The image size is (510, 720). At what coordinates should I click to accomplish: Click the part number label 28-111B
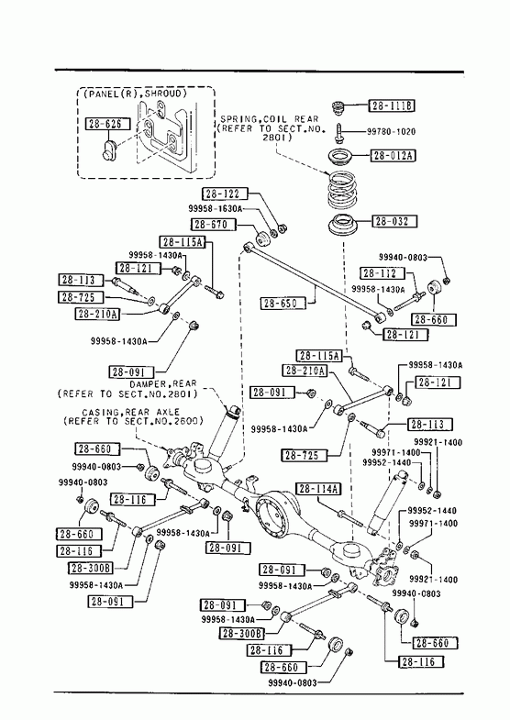point(392,106)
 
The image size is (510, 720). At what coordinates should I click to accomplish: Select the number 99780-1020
point(391,132)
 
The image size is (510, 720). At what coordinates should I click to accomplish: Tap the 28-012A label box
point(393,156)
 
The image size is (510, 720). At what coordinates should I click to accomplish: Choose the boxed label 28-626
point(107,124)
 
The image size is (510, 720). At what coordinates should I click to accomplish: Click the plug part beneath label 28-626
point(109,150)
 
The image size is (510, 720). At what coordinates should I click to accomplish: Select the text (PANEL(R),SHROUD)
point(136,94)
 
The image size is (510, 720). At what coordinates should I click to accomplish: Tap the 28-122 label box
point(224,194)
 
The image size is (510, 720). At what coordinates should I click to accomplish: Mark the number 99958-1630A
point(215,208)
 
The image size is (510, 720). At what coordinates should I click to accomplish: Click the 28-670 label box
point(213,225)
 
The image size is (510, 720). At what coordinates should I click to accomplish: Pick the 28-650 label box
point(283,303)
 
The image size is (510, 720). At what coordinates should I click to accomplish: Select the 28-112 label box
point(382,273)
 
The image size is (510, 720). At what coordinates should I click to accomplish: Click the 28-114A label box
point(318,489)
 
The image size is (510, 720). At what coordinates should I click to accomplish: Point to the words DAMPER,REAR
point(162,383)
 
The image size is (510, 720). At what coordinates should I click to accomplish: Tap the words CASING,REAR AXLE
point(130,412)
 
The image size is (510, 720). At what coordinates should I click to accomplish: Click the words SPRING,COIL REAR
point(269,119)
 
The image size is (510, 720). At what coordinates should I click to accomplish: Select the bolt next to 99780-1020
point(338,132)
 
